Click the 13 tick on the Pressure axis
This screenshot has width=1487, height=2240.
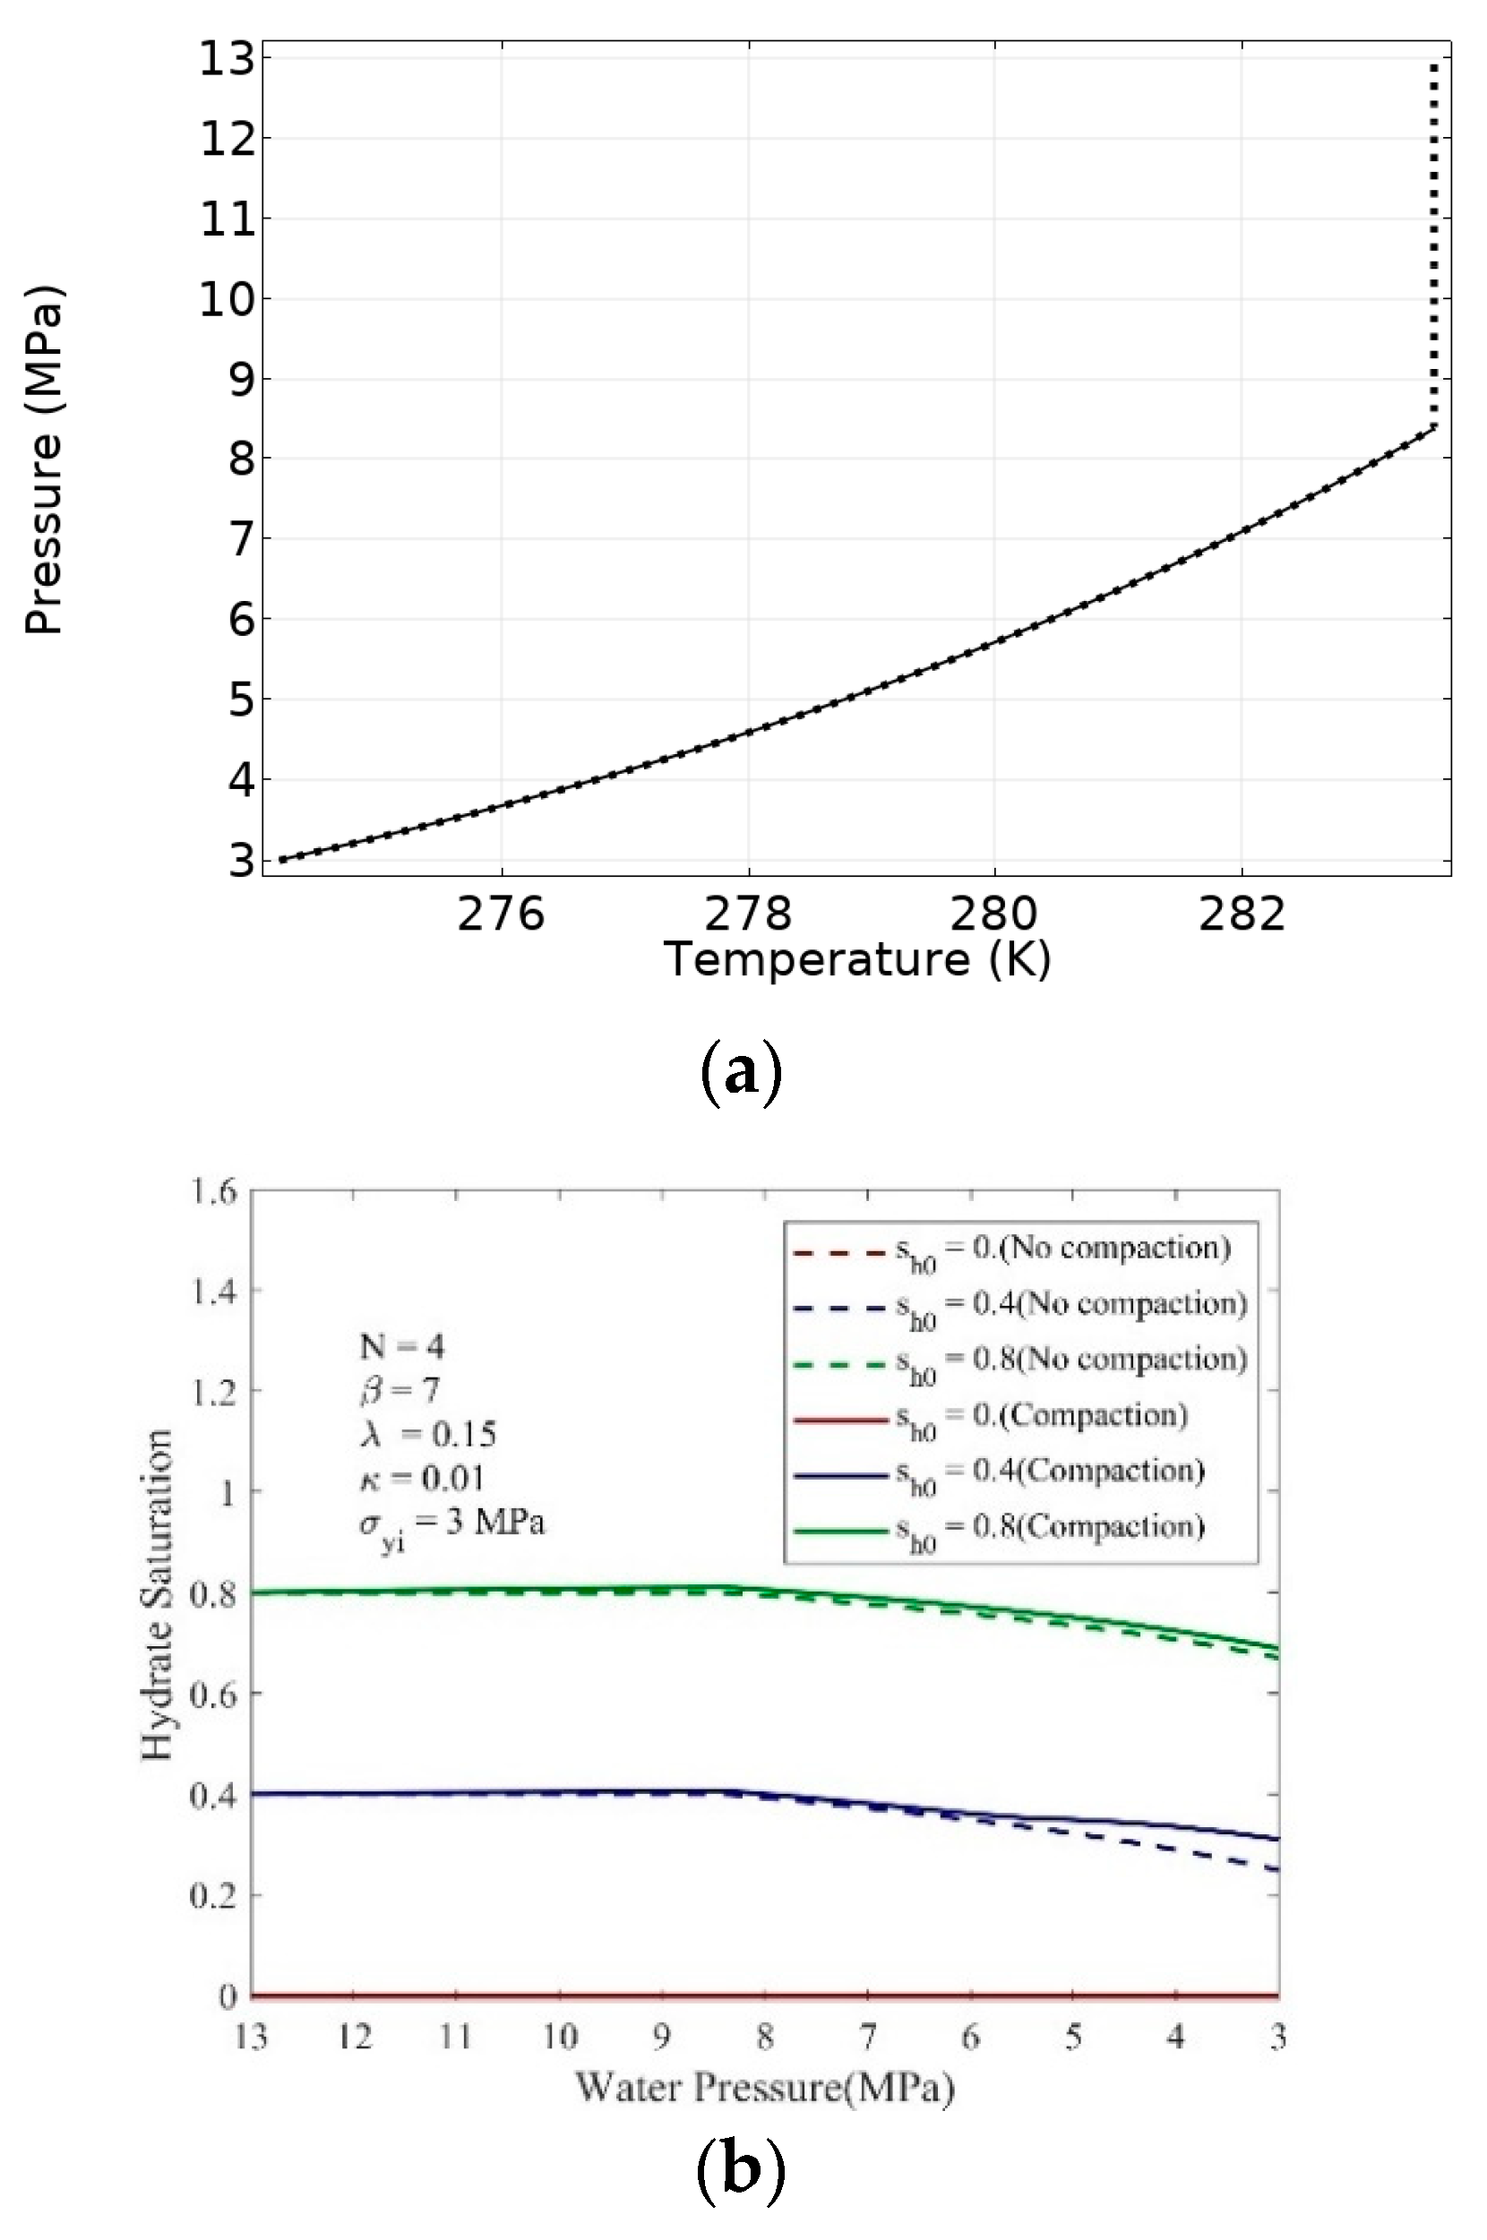(x=227, y=60)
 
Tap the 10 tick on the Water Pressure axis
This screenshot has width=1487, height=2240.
(x=559, y=2038)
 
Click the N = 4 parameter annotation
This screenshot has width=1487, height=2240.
(x=401, y=1347)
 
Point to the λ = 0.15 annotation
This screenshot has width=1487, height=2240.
(x=427, y=1434)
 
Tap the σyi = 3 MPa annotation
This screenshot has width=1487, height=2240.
(x=451, y=1525)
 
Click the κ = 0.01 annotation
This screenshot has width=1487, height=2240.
(x=422, y=1478)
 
